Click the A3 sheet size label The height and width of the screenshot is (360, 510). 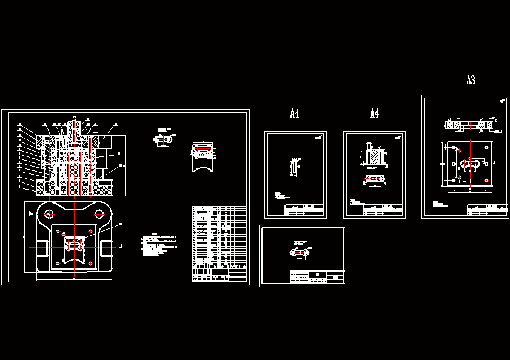[471, 80]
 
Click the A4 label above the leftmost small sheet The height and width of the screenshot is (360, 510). [295, 113]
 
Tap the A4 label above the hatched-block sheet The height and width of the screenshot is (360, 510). [374, 113]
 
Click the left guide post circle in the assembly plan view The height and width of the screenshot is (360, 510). [47, 213]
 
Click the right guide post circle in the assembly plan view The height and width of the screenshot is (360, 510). [99, 213]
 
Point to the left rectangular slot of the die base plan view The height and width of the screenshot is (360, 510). [42, 247]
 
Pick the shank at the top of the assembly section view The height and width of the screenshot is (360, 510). [73, 127]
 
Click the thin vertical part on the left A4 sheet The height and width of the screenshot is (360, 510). [294, 167]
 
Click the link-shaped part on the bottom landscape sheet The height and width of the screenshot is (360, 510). [300, 252]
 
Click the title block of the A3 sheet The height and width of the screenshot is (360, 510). [486, 210]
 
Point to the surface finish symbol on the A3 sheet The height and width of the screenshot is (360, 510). [502, 101]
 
